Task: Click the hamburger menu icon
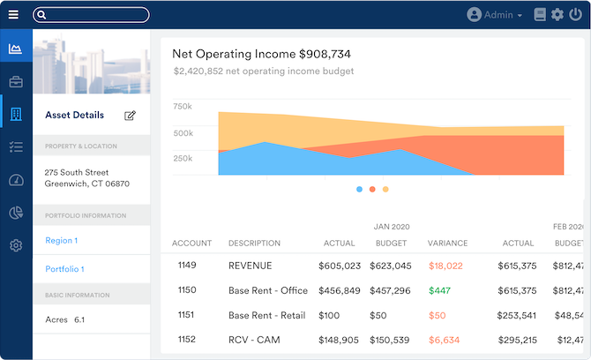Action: point(13,15)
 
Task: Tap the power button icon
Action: point(576,15)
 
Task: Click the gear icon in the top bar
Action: point(557,15)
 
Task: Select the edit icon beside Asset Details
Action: point(131,116)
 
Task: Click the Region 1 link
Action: point(62,240)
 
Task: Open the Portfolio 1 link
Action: point(64,268)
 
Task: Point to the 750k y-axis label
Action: point(183,107)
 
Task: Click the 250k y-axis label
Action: point(183,158)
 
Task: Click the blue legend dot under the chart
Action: point(359,189)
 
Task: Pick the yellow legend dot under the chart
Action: point(385,189)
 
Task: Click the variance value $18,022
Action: point(445,266)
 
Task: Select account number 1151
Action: point(188,315)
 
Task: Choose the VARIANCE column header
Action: point(447,244)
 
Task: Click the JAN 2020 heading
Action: point(391,227)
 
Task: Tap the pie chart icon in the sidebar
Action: point(15,213)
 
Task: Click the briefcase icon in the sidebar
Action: point(15,82)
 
